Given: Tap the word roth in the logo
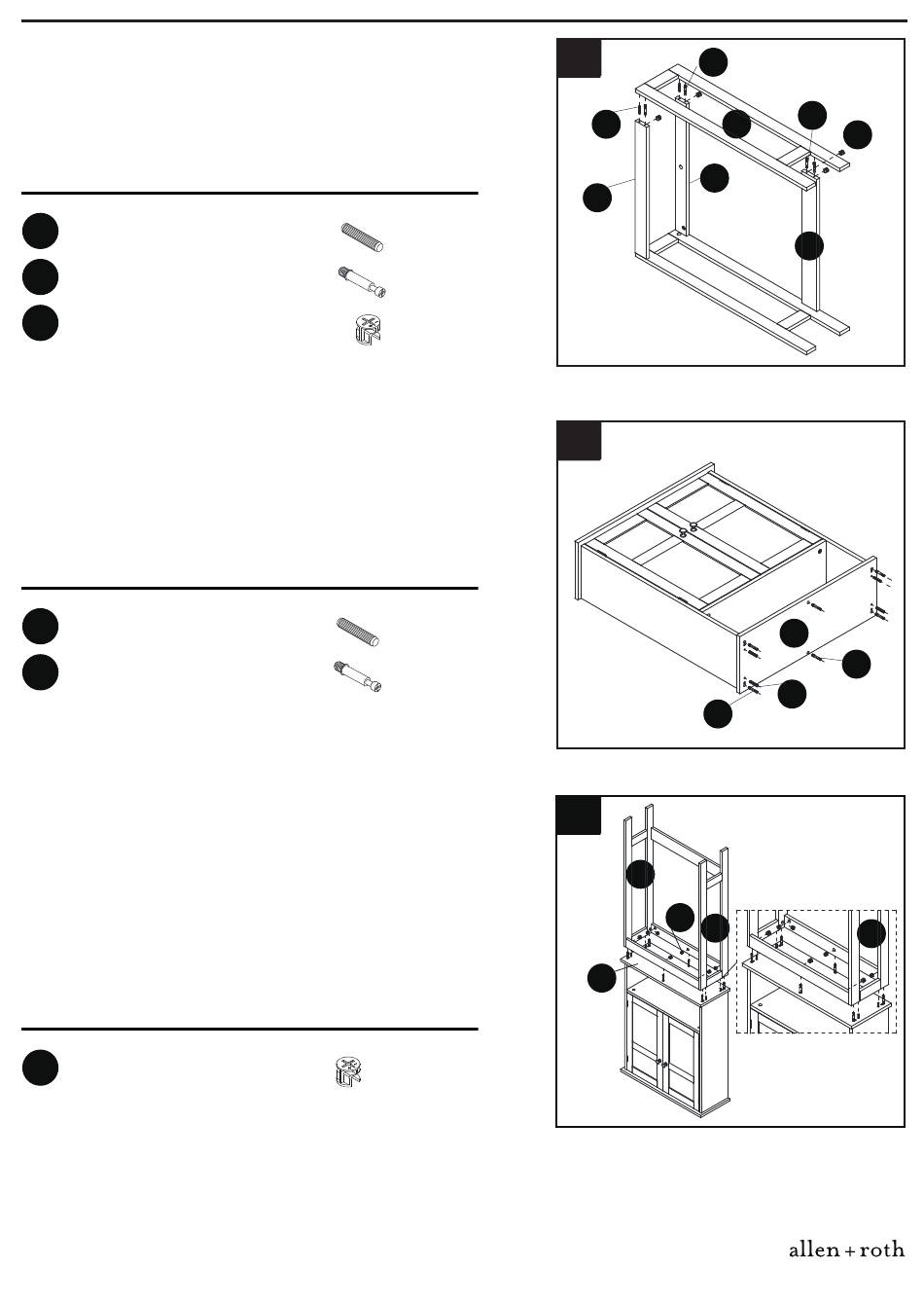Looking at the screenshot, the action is (882, 1250).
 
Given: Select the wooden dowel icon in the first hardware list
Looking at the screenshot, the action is (362, 236).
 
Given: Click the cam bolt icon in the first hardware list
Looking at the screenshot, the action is (362, 282).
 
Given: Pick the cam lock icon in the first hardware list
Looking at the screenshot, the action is (367, 330).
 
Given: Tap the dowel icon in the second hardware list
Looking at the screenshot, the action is (358, 633).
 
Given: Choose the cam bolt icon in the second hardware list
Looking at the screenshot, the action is (358, 676).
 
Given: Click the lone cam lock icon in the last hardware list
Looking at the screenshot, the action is (348, 1072).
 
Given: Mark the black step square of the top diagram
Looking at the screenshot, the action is (579, 58).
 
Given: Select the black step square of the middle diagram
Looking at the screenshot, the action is (579, 441).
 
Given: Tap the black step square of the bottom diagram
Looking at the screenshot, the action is (579, 815).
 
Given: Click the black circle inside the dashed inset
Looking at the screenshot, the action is (871, 933).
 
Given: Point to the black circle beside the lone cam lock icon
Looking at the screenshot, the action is (40, 1068).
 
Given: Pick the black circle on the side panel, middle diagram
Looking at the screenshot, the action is (794, 633).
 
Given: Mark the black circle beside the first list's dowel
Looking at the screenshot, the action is (40, 232).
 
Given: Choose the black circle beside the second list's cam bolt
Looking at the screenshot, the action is (40, 671).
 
